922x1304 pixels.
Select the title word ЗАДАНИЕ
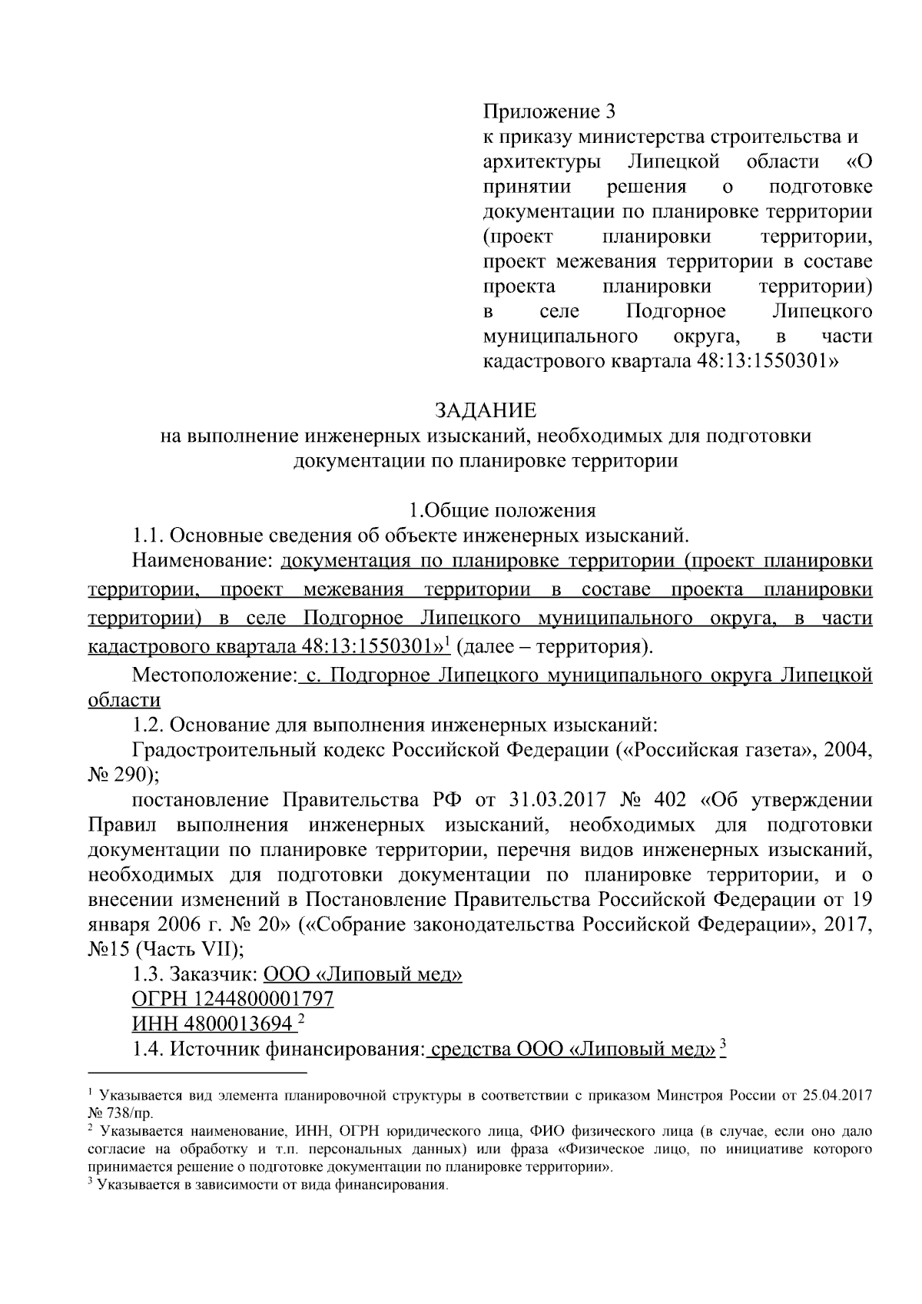[x=486, y=409]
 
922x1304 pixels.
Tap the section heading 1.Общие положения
[x=502, y=510]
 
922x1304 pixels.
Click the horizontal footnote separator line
[x=197, y=1072]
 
